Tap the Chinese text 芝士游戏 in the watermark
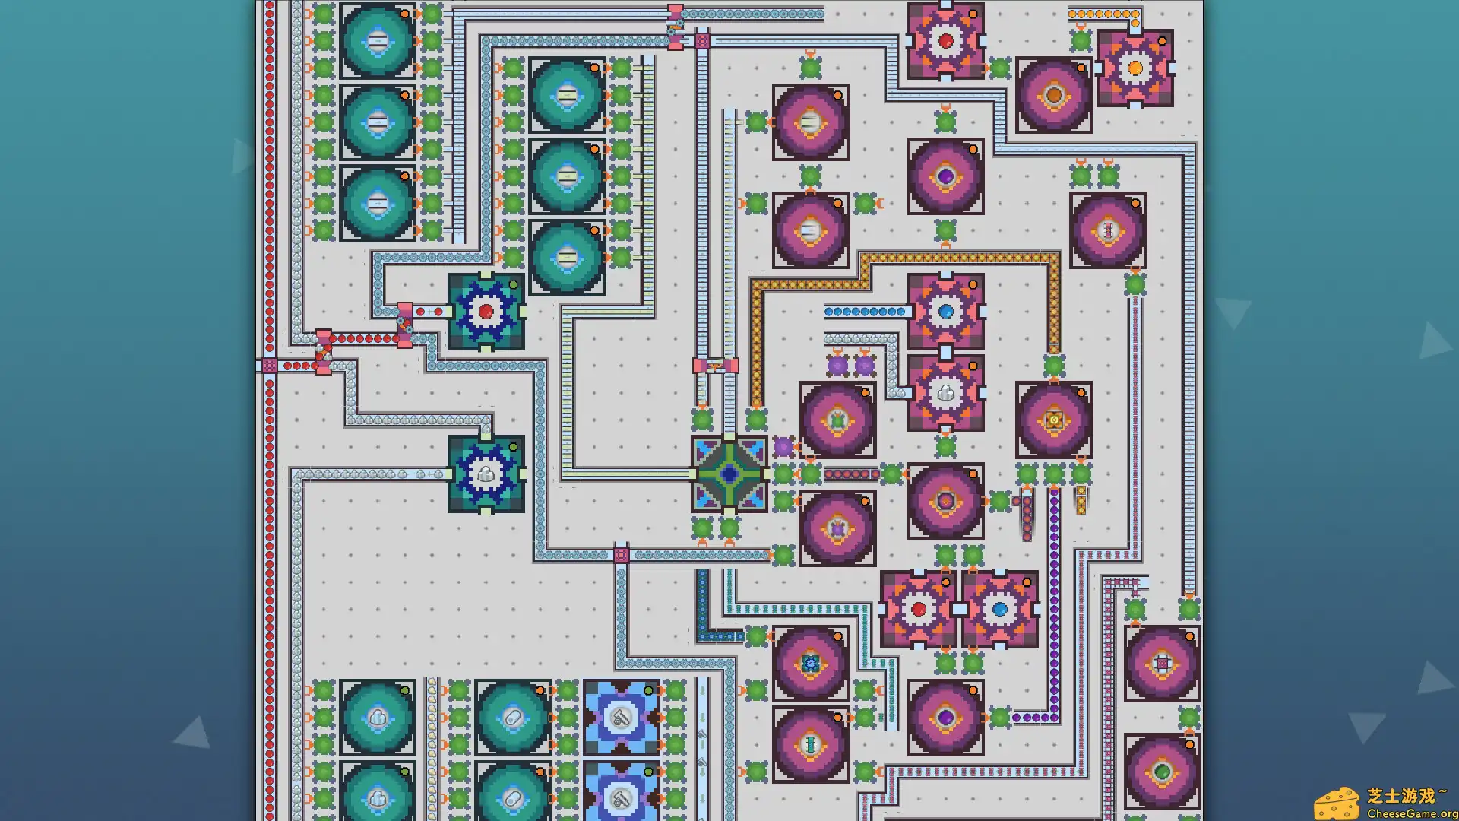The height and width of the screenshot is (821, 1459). click(1401, 795)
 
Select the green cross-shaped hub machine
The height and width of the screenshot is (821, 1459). click(729, 474)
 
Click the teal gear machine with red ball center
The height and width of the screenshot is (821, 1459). click(486, 312)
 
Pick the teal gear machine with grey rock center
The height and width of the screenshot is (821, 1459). click(486, 474)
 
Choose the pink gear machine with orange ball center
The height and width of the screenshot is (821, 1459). click(1135, 68)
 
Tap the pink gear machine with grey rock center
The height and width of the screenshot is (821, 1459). click(946, 393)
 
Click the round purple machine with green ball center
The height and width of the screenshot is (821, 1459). click(1162, 772)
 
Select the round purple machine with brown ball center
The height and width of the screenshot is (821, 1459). click(1054, 96)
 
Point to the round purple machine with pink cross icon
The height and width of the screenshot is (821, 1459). click(1162, 664)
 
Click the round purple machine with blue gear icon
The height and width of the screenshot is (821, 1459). click(811, 664)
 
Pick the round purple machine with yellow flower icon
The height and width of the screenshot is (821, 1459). click(1054, 420)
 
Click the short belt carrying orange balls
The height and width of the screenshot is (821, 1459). click(1103, 14)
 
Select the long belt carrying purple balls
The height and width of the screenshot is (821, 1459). click(1054, 608)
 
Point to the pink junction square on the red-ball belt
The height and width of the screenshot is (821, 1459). click(270, 366)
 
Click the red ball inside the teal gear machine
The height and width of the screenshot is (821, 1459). click(486, 312)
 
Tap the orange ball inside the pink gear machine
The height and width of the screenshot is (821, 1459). click(1135, 68)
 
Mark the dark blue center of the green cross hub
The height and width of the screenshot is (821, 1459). click(729, 474)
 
